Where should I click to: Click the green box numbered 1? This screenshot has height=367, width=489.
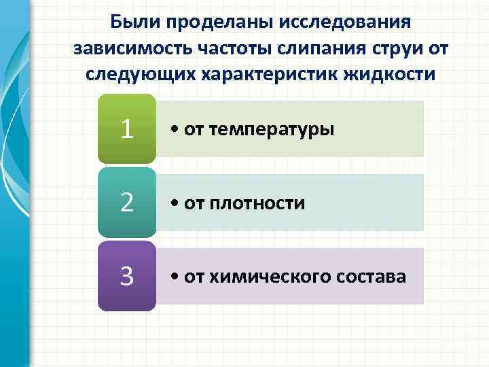point(126,128)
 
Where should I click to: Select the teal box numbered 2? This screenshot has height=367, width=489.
point(126,203)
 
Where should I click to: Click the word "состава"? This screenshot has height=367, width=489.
point(370,277)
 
